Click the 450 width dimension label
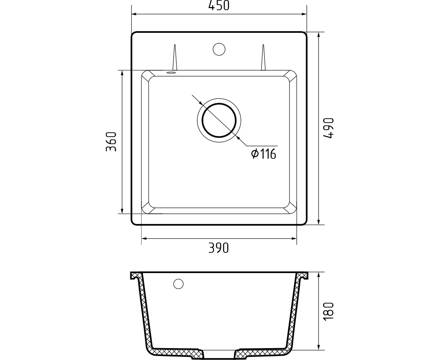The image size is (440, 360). click(x=219, y=5)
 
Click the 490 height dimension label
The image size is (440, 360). click(x=328, y=128)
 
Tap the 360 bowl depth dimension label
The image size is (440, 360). click(x=111, y=141)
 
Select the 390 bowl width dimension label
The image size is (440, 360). click(x=219, y=248)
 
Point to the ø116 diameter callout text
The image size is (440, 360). click(x=263, y=154)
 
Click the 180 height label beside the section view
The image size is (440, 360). click(x=328, y=311)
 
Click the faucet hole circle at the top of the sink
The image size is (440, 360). click(x=219, y=49)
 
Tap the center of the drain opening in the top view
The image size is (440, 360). click(x=219, y=120)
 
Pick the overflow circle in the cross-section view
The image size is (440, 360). click(x=179, y=284)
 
